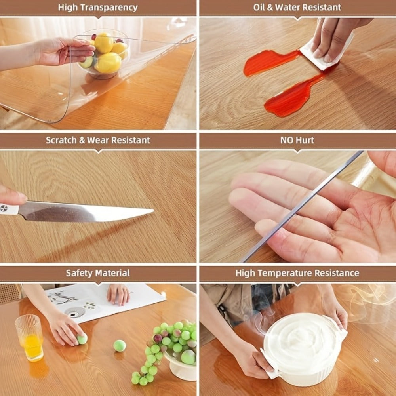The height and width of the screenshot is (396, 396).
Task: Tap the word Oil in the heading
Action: tap(259, 7)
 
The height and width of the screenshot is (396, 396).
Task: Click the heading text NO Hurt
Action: tap(297, 140)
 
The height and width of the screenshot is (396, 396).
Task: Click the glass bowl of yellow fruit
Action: tap(104, 54)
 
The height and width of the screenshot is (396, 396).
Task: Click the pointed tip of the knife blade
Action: tap(153, 210)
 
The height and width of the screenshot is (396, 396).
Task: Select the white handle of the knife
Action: tap(9, 209)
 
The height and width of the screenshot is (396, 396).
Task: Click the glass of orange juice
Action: tap(29, 337)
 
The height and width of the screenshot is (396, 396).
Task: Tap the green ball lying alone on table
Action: tap(120, 346)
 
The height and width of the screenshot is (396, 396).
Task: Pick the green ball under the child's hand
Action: tap(82, 339)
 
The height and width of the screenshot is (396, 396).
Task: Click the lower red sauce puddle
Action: tap(293, 97)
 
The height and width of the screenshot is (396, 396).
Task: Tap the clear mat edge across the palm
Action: tap(301, 207)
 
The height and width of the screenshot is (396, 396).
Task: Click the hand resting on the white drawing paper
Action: tap(118, 294)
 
